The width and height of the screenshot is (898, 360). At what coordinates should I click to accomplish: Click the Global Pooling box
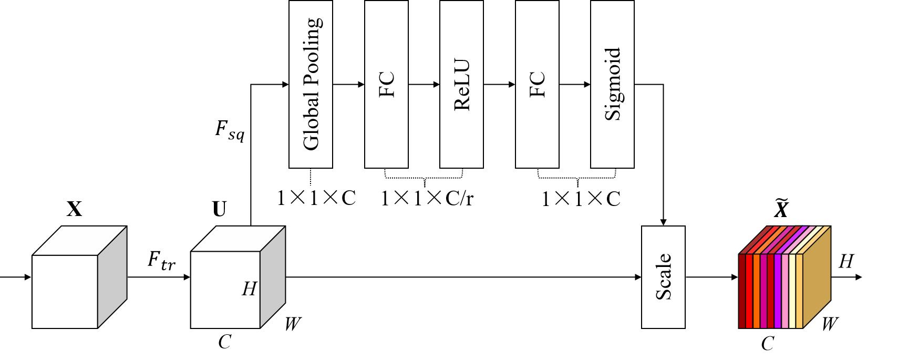[x=311, y=84]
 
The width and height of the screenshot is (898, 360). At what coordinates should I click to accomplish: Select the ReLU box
[x=461, y=84]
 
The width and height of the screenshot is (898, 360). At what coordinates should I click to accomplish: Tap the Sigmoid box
[x=612, y=84]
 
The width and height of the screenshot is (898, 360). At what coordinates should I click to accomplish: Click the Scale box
[x=663, y=277]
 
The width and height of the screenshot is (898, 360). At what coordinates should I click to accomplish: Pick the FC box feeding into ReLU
[x=386, y=84]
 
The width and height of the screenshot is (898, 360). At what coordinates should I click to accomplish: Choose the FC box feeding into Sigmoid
[x=537, y=84]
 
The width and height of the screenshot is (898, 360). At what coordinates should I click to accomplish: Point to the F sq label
[x=230, y=131]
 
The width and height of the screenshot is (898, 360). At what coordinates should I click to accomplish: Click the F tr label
[x=161, y=260]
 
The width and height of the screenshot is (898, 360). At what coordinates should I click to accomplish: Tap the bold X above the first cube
[x=75, y=209]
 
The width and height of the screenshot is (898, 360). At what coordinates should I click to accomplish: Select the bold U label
[x=219, y=209]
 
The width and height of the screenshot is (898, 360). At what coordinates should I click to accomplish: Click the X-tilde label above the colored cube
[x=781, y=208]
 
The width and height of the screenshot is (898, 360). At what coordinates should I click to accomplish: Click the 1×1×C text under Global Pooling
[x=316, y=198]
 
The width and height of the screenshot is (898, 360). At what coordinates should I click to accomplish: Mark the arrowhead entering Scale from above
[x=663, y=222]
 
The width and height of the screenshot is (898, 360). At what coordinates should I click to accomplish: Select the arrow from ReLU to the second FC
[x=499, y=85]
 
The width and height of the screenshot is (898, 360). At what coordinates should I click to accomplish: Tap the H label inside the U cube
[x=250, y=289]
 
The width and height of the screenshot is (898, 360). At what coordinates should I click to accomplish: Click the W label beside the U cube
[x=293, y=324]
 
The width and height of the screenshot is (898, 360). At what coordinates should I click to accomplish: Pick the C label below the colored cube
[x=767, y=343]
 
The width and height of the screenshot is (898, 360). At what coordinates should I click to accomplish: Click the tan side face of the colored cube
[x=817, y=277]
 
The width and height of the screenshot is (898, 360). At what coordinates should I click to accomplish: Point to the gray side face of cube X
[x=112, y=277]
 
